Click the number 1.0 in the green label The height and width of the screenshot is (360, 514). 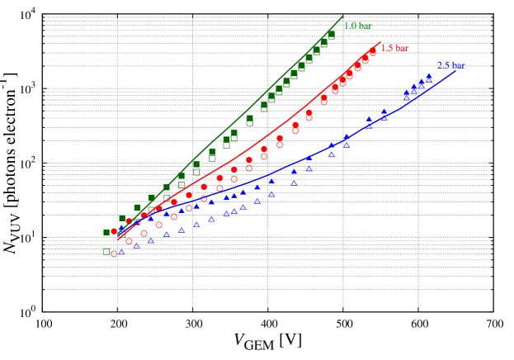pyautogui.click(x=349, y=26)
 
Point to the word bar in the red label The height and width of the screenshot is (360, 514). pyautogui.click(x=402, y=49)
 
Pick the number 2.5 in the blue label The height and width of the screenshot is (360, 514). pyautogui.click(x=443, y=66)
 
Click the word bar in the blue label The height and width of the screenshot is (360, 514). pyautogui.click(x=458, y=66)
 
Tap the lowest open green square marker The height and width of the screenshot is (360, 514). pyautogui.click(x=106, y=251)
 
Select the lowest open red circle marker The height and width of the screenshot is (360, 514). pyautogui.click(x=114, y=253)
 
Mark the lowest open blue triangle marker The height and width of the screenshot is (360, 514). pyautogui.click(x=121, y=252)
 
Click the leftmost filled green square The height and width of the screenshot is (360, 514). pyautogui.click(x=106, y=233)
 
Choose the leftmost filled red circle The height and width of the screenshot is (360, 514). pyautogui.click(x=114, y=231)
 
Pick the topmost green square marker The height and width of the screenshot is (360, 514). pyautogui.click(x=331, y=35)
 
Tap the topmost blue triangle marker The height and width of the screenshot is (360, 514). pyautogui.click(x=428, y=76)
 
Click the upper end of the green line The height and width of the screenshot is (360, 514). pyautogui.click(x=342, y=16)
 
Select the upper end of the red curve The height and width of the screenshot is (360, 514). pyautogui.click(x=380, y=42)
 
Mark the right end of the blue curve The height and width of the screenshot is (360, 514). pyautogui.click(x=455, y=72)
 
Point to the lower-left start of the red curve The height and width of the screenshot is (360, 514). pyautogui.click(x=117, y=239)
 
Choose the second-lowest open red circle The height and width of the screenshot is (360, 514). pyautogui.click(x=129, y=241)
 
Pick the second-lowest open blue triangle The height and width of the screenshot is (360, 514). pyautogui.click(x=136, y=245)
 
